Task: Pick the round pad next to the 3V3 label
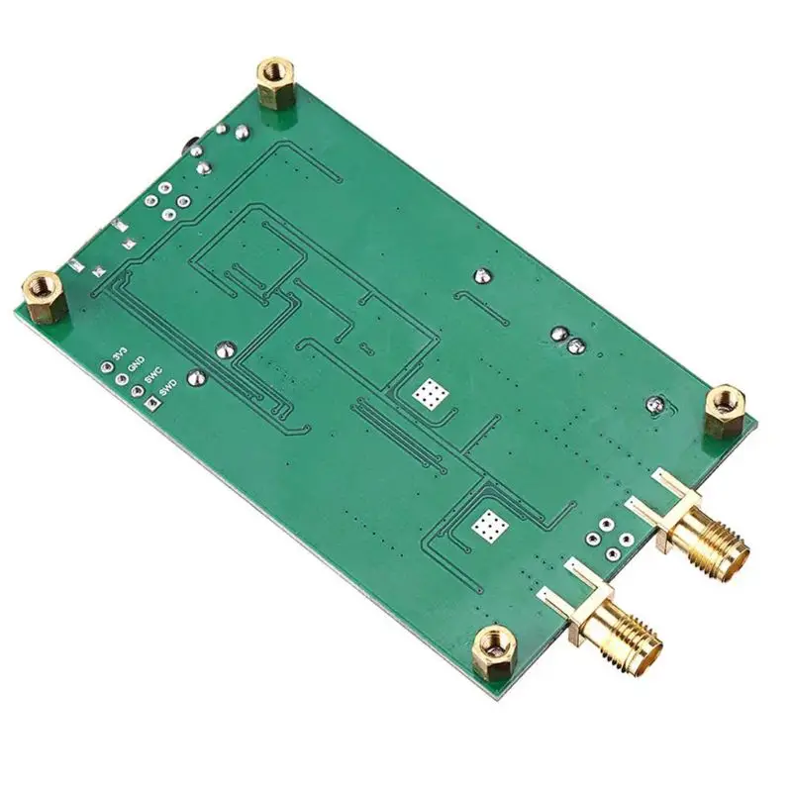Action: [x=107, y=367]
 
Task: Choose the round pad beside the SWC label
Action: [x=136, y=391]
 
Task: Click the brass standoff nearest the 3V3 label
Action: [x=43, y=294]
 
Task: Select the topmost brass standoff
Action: [x=272, y=80]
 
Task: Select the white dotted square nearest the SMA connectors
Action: [x=489, y=526]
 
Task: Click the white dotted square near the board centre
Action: [x=429, y=396]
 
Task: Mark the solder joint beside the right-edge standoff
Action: [x=654, y=404]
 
